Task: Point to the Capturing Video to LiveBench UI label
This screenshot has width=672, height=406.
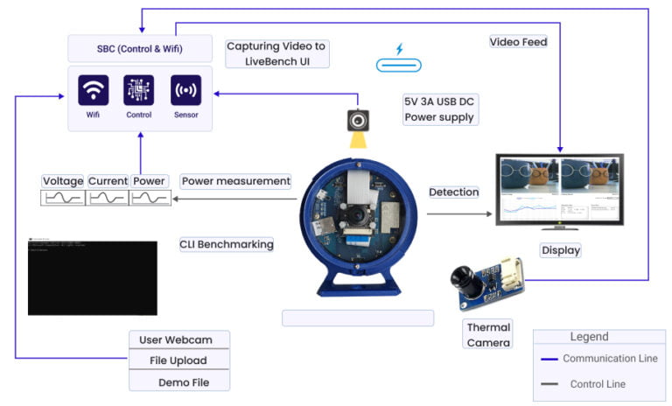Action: coord(278,53)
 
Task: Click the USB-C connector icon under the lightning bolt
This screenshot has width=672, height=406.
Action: coord(398,65)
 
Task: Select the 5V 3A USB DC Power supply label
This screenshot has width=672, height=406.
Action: coord(439,109)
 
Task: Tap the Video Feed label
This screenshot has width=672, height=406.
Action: coord(518,41)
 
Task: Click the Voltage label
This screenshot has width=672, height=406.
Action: coord(64,181)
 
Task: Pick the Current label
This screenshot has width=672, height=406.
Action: coord(108,181)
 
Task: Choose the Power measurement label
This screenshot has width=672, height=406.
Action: coord(235,181)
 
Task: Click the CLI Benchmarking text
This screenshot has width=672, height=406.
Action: coord(227,244)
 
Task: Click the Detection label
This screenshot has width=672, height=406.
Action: coord(454,192)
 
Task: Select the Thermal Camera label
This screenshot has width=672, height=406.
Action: coord(488,334)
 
